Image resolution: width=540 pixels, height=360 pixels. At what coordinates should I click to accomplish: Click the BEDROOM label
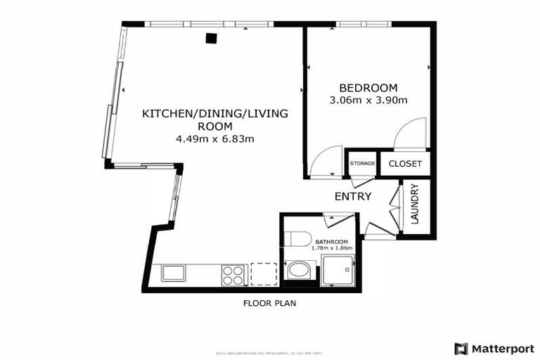[x=368, y=88]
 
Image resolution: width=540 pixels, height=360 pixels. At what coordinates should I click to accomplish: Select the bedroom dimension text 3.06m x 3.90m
[x=368, y=100]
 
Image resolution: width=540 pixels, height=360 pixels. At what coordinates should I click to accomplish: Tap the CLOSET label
[x=405, y=164]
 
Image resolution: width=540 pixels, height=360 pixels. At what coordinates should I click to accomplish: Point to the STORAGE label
[x=363, y=164]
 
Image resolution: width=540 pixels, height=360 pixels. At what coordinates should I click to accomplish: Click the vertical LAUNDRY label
[x=415, y=204]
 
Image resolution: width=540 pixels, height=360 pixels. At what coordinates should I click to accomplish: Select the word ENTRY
[x=352, y=196]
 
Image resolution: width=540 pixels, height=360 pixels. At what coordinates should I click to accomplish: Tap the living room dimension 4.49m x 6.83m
[x=214, y=139]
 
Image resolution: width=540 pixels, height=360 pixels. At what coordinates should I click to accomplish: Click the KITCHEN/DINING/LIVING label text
[x=214, y=113]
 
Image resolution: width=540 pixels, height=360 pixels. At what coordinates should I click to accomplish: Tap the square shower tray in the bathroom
[x=338, y=271]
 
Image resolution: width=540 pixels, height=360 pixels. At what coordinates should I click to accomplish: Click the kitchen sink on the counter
[x=173, y=273]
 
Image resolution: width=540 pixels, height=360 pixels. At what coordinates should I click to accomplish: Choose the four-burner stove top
[x=233, y=274]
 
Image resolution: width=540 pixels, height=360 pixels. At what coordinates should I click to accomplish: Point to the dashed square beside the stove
[x=264, y=274]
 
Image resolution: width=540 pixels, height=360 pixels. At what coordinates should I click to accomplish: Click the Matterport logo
[x=494, y=348]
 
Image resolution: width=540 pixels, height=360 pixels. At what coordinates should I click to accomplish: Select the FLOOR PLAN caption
[x=269, y=304]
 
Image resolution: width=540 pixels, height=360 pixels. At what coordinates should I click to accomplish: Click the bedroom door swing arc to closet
[x=410, y=134]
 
